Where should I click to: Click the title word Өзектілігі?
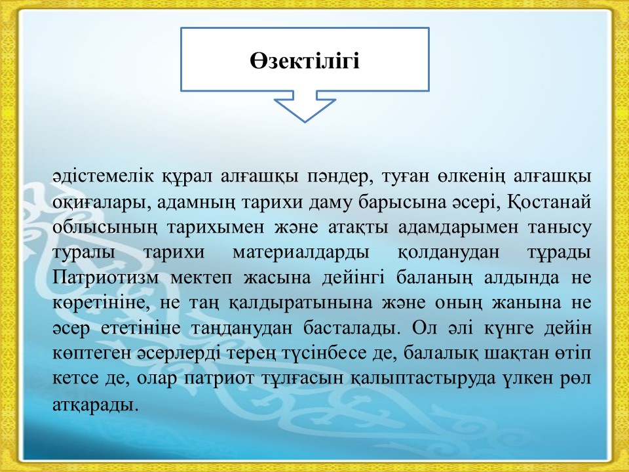coord(305,62)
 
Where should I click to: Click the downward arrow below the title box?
coord(305,106)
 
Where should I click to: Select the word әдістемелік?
coord(103,176)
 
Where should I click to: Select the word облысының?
coord(105,228)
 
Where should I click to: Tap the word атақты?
coord(358,228)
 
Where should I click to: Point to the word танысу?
coord(560,228)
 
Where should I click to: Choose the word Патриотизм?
coord(105,278)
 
